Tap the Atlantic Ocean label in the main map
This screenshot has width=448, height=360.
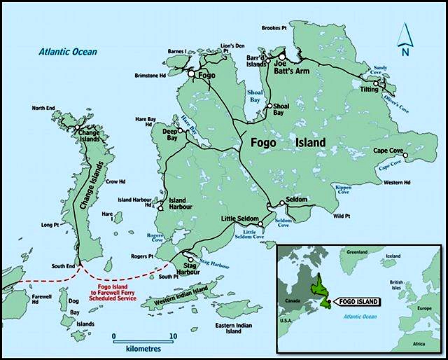pyautogui.click(x=68, y=52)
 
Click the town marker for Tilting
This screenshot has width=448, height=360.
pyautogui.click(x=376, y=84)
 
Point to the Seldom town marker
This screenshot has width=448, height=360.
pyautogui.click(x=281, y=203)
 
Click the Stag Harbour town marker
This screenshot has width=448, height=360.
pyautogui.click(x=190, y=259)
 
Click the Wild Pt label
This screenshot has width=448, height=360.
pyautogui.click(x=342, y=216)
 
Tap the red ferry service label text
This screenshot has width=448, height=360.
pyautogui.click(x=115, y=293)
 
